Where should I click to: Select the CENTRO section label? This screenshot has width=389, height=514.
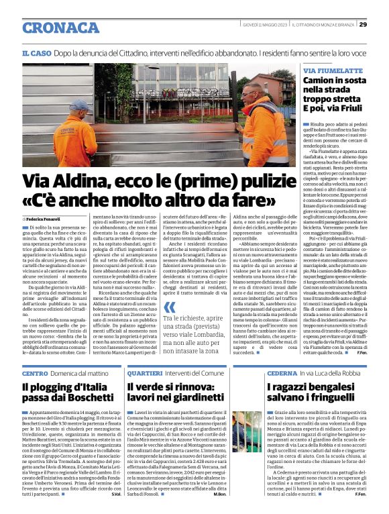tap(35, 372)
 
